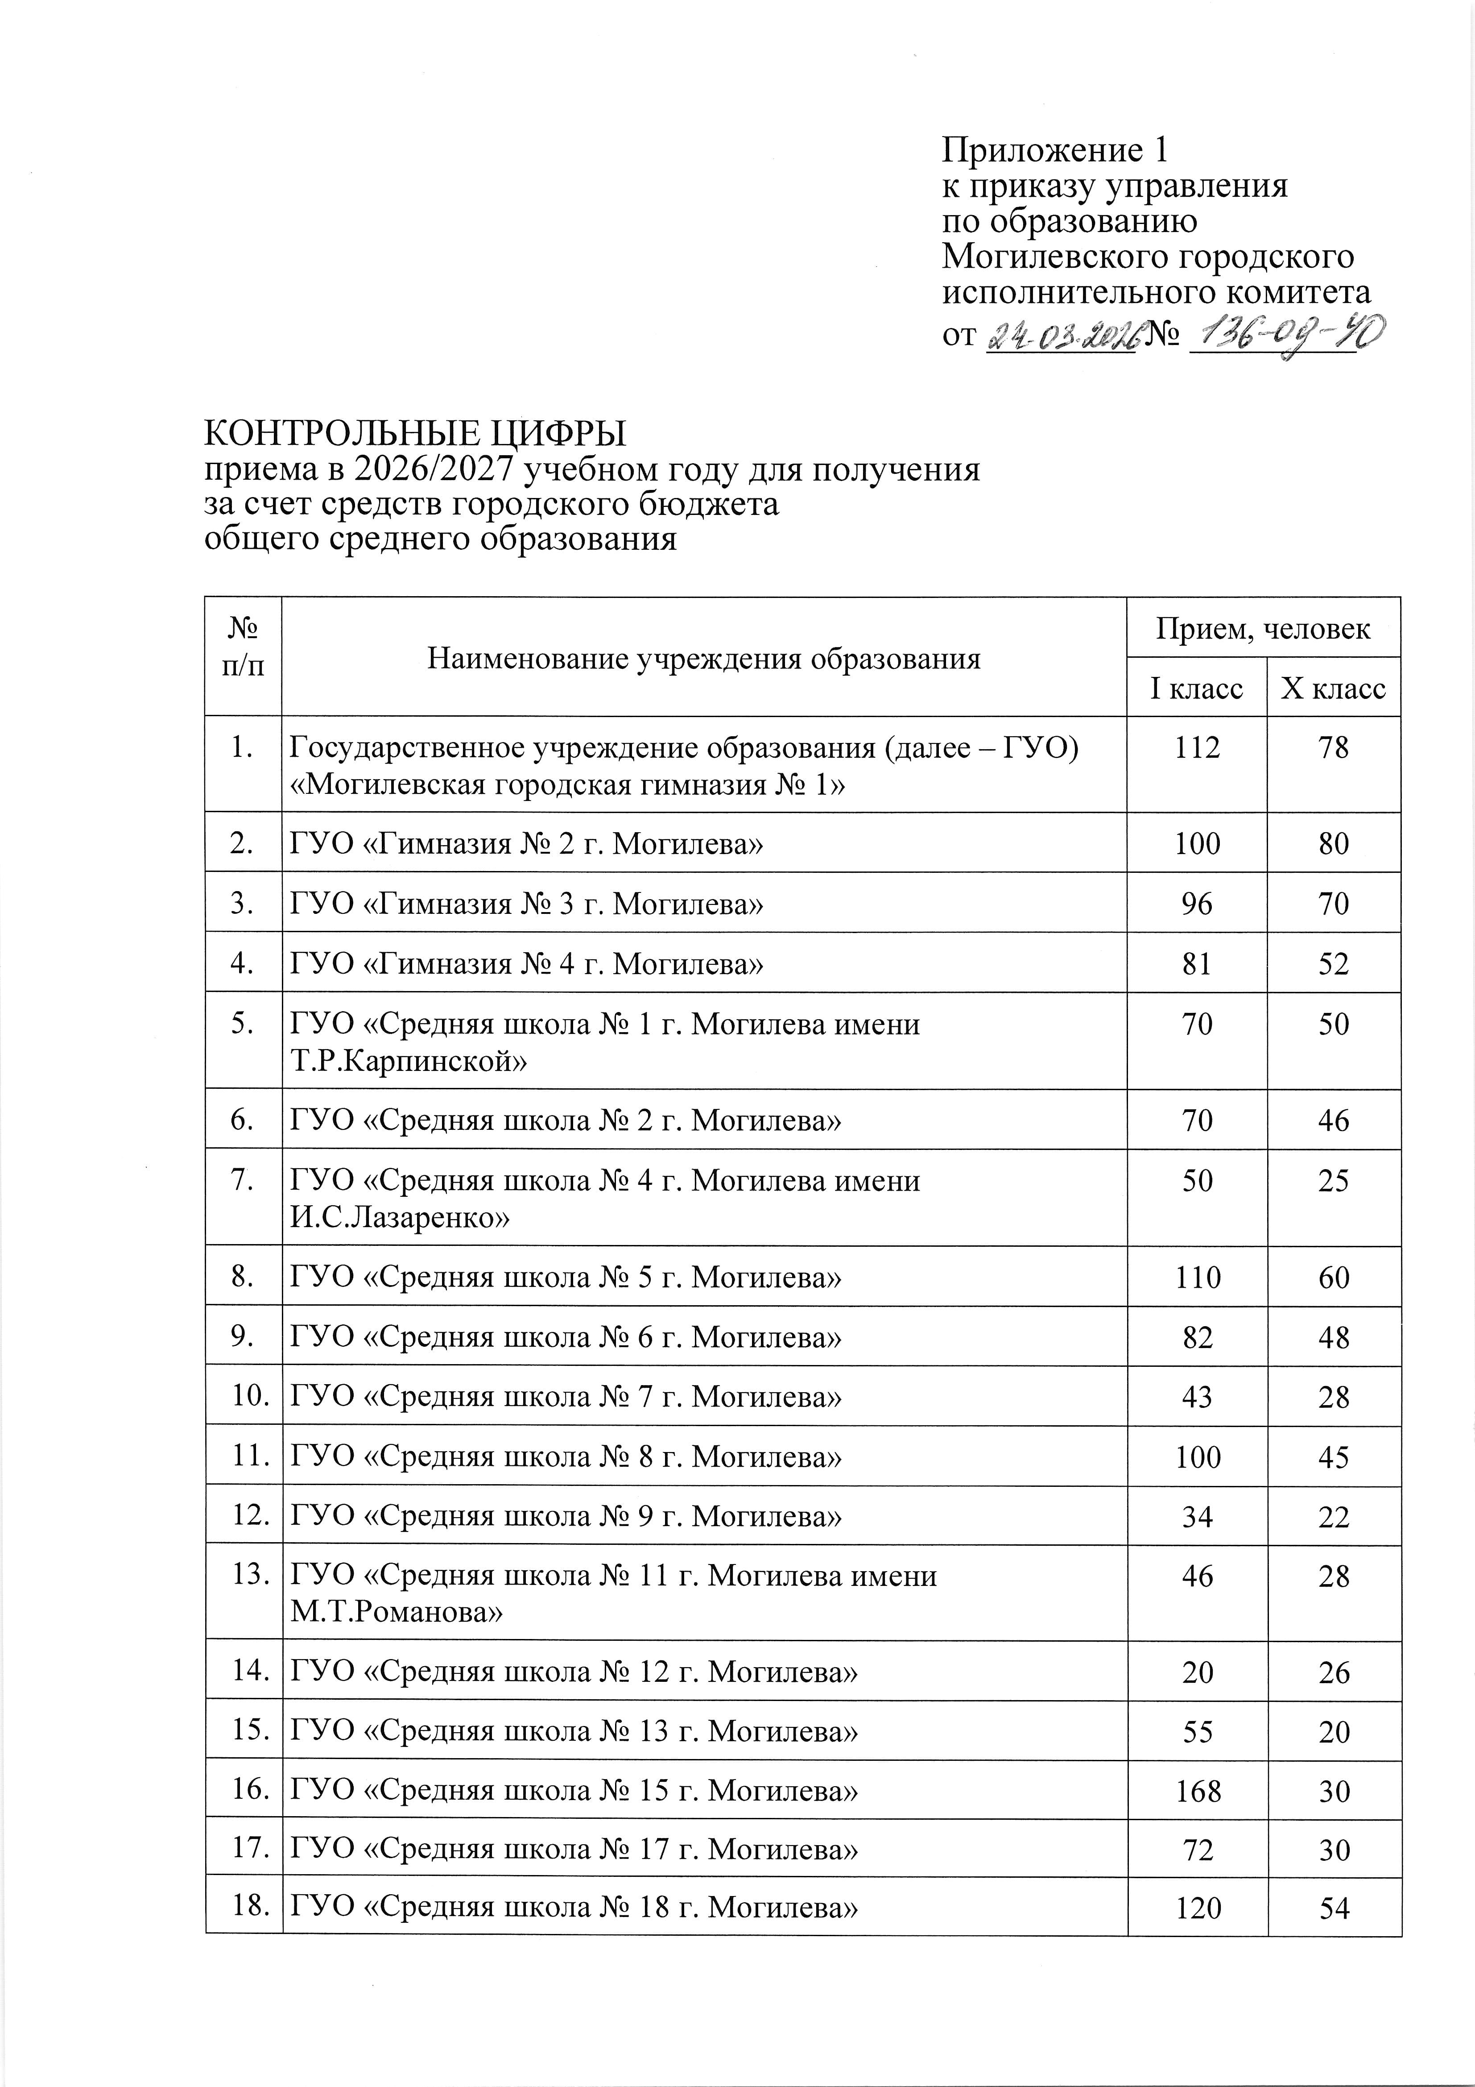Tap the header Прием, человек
point(1263,628)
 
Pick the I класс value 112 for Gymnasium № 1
point(1197,748)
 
